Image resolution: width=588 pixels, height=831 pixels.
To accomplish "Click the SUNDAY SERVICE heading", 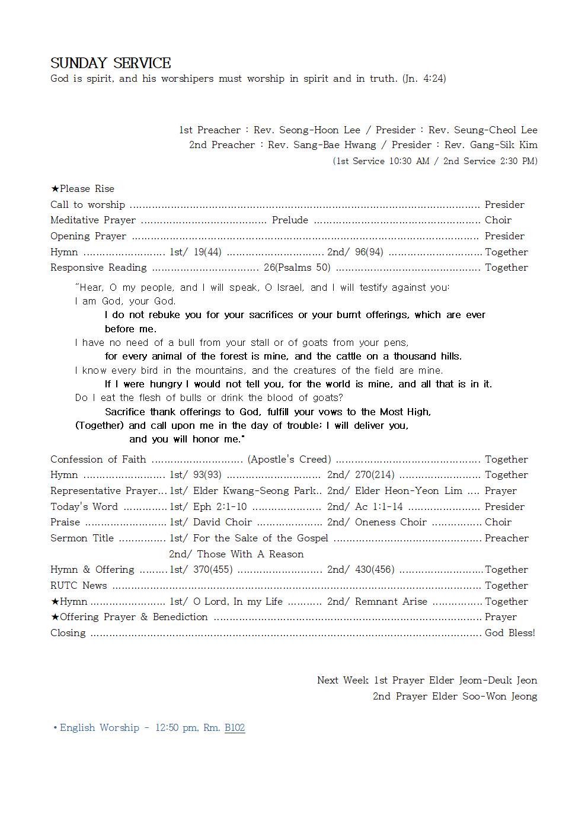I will coord(111,63).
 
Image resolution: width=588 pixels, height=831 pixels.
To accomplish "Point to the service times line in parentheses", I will coord(435,161).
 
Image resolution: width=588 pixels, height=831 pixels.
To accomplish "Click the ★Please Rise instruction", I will coord(82,188).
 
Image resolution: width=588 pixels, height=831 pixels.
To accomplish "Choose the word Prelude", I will coord(290,220).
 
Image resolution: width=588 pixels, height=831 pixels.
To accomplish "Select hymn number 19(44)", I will coord(207,252).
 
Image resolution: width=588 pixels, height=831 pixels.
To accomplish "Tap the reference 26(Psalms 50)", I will coord(297,267).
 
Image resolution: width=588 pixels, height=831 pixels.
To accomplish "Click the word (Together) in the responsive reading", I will coord(100,425).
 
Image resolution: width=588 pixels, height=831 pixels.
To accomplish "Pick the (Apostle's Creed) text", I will coord(289,459).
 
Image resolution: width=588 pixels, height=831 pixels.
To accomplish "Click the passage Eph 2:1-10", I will coord(220,506).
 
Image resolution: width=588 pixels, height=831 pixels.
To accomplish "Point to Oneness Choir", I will coord(391,522).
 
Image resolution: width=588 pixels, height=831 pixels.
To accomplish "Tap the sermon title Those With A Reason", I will coord(250,554).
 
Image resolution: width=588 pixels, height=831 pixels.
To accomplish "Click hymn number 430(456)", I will coord(375,569).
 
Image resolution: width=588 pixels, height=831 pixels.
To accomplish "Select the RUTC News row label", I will coord(79,585).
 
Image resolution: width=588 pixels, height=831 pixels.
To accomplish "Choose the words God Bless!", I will coord(510,633).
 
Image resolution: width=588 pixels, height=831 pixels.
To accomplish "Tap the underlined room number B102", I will coord(235,727).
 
